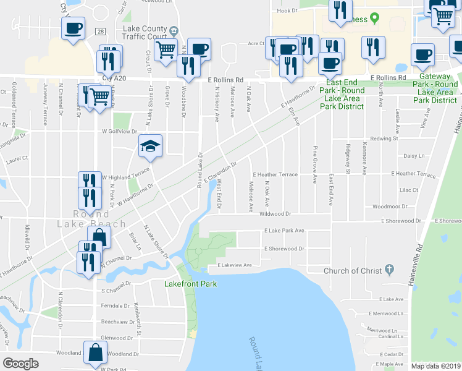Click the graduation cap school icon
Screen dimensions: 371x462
[150, 146]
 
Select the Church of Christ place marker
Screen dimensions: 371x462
[389, 270]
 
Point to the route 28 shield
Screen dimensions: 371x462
[99, 31]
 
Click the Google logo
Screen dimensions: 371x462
[20, 364]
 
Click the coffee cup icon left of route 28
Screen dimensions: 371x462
[73, 28]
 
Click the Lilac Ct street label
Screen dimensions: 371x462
[408, 190]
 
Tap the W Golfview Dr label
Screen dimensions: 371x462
[119, 132]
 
